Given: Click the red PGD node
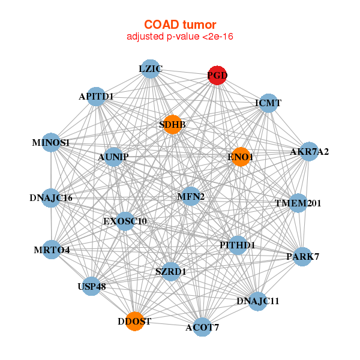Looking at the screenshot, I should click(x=217, y=75).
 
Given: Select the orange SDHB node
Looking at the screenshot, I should click(x=172, y=125).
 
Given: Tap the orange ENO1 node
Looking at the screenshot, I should click(x=241, y=157).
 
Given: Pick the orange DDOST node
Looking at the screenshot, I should click(x=135, y=321).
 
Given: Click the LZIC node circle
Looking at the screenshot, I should click(x=151, y=69).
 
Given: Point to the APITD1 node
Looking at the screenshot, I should click(x=97, y=97).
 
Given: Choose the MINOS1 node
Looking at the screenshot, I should click(x=52, y=143).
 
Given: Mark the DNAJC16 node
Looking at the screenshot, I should click(x=51, y=197).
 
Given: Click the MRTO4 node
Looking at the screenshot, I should click(x=52, y=250).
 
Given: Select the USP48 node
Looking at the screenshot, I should click(x=92, y=286).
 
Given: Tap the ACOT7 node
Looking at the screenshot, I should click(x=202, y=326).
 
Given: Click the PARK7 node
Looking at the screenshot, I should click(x=302, y=257).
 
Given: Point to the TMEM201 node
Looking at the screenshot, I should click(x=298, y=203).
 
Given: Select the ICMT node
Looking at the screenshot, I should click(x=268, y=103).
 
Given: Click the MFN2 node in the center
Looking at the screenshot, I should click(x=191, y=196).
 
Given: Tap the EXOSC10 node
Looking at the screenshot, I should click(x=125, y=221).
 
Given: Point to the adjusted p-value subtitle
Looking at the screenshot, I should click(x=179, y=37).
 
